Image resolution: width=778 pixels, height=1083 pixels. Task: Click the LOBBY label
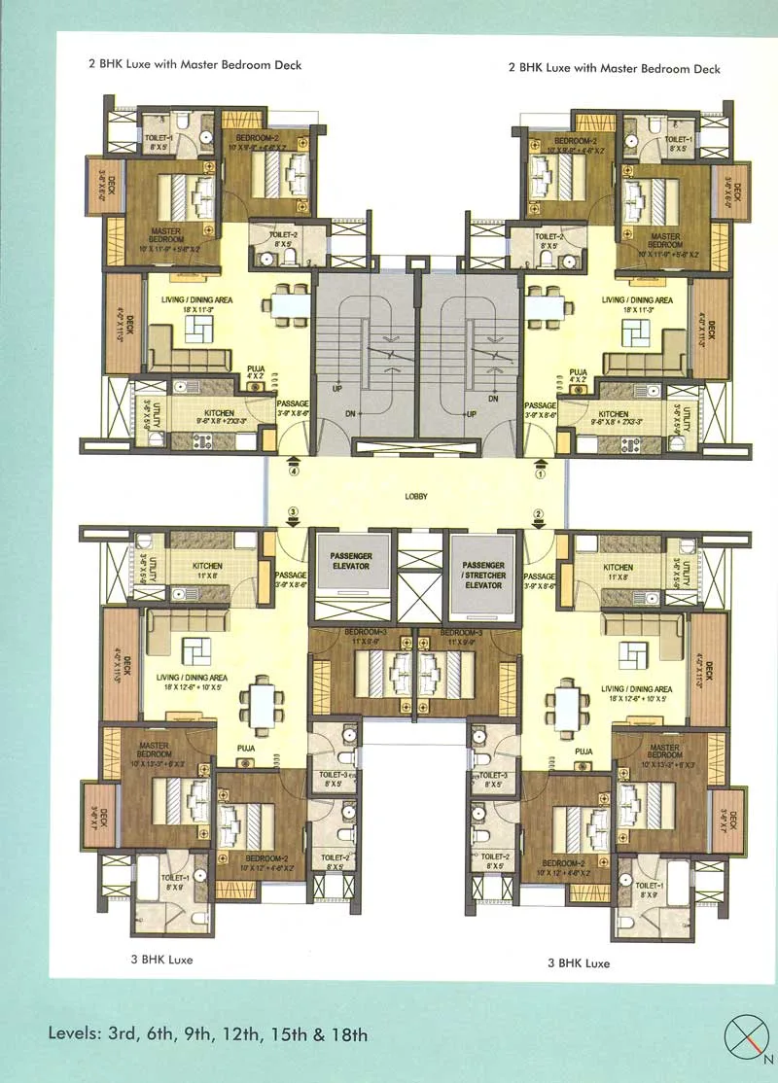tap(416, 497)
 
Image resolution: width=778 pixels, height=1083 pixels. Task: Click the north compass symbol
tap(746, 1036)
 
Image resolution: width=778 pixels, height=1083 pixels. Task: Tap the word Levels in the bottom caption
tap(75, 1033)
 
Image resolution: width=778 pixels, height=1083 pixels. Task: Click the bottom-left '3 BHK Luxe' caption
tap(161, 960)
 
